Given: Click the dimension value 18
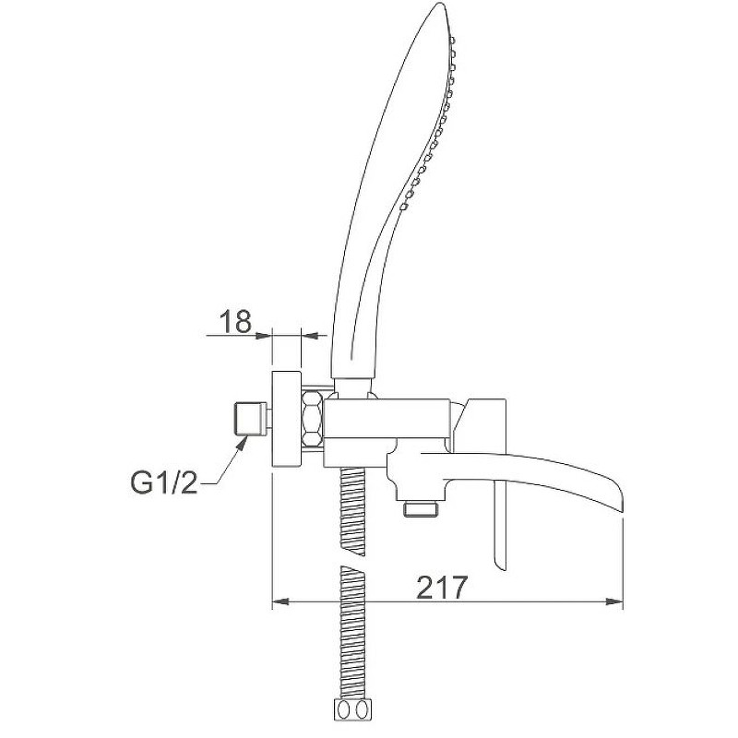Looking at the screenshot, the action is tap(236, 322).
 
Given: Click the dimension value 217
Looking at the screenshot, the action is tap(443, 588).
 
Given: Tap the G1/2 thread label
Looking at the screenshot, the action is tap(164, 482).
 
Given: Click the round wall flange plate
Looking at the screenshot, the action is tap(287, 419).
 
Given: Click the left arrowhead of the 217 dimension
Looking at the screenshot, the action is tap(280, 601).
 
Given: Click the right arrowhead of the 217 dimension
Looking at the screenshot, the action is tap(614, 601).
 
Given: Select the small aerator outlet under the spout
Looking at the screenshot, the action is tap(421, 509).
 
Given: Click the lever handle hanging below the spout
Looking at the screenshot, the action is tap(499, 523).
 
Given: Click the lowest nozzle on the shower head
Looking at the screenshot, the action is tap(404, 206).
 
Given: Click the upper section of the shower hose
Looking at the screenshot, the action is tap(352, 511).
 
